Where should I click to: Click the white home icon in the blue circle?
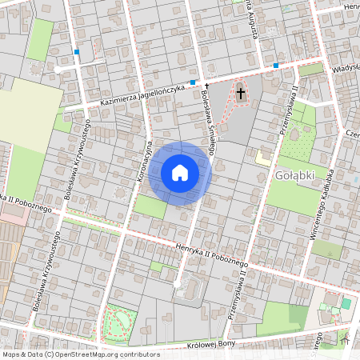pos(180,173)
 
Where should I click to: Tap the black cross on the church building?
pos(240,94)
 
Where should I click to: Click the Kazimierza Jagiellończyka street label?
pos(144,94)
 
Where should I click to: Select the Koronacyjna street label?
pos(144,156)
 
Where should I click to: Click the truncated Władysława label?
pos(346,69)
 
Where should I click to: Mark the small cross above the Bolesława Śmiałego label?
pos(206,85)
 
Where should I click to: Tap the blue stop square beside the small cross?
pos(193,82)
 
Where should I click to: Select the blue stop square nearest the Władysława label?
pos(276,65)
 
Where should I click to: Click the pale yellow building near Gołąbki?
pos(262,158)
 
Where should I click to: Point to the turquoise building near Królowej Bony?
pos(346,304)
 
